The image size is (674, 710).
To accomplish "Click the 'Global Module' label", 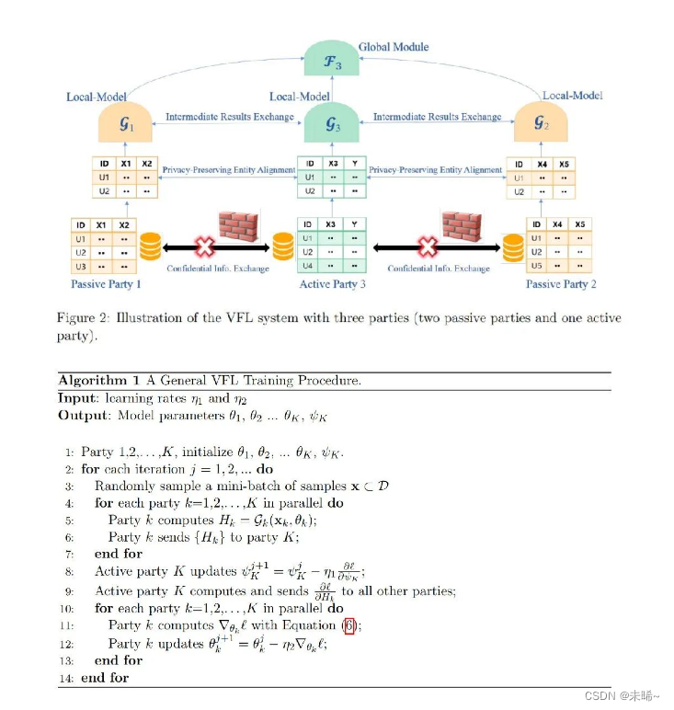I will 394,47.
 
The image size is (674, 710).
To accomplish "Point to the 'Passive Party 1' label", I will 106,284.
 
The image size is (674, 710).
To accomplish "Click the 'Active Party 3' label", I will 332,284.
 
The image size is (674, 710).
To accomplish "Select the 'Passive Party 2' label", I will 561,284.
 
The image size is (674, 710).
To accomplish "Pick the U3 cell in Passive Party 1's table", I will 81,266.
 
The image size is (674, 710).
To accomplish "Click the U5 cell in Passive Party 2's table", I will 535,266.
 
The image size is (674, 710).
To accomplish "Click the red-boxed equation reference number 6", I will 348,626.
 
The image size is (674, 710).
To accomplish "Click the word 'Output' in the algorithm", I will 79,416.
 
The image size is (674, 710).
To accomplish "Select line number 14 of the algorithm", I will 65,678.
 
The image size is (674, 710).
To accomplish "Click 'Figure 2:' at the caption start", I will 84,318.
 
